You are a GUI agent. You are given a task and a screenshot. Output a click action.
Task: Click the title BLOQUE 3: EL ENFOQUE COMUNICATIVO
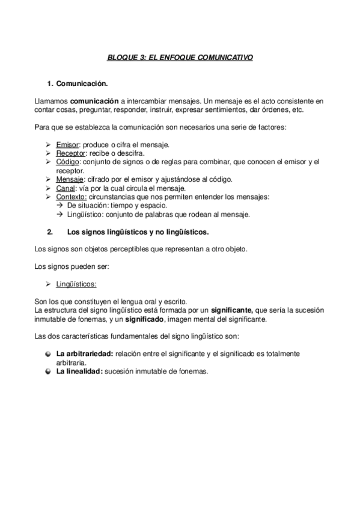pyautogui.click(x=180, y=58)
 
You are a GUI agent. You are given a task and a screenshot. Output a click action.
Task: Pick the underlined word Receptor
pyautogui.click(x=70, y=153)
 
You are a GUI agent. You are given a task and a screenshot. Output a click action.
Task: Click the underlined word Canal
pyautogui.click(x=66, y=188)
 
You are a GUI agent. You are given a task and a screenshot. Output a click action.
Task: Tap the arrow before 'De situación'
pyautogui.click(x=59, y=206)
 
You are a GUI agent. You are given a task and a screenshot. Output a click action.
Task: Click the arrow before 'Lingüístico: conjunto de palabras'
pyautogui.click(x=59, y=214)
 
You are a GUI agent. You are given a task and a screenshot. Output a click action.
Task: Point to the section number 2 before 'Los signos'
pyautogui.click(x=49, y=232)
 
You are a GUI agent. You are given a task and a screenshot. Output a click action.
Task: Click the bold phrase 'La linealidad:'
pyautogui.click(x=79, y=372)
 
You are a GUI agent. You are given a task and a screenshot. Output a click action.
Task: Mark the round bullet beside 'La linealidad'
pyautogui.click(x=47, y=372)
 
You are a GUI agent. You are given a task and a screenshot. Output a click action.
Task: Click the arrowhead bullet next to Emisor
pyautogui.click(x=48, y=145)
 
